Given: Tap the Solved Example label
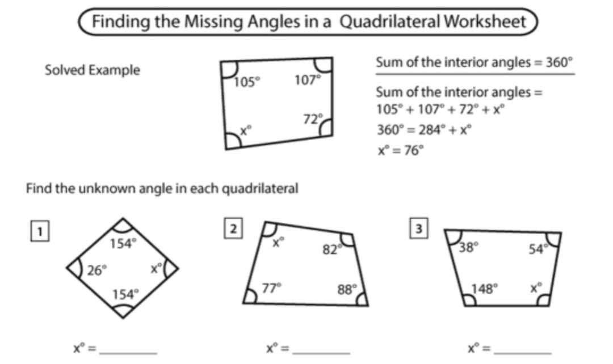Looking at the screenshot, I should click(92, 70).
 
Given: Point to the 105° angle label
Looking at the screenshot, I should click(247, 81).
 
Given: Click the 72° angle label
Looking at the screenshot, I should click(311, 119).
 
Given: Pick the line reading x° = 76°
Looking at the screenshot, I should click(401, 150).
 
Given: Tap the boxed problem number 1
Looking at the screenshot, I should click(39, 230).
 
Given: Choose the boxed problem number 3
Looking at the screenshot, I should click(418, 228).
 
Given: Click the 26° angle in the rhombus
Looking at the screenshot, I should click(97, 269).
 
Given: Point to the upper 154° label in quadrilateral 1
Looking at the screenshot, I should click(123, 244).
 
